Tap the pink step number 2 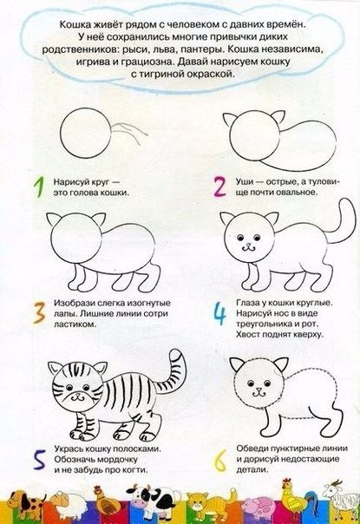(219, 187)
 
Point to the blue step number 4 (219, 313)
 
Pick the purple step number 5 (40, 461)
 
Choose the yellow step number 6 (220, 461)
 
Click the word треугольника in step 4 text (264, 324)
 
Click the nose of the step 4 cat (248, 245)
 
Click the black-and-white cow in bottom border (150, 502)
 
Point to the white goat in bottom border (341, 501)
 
